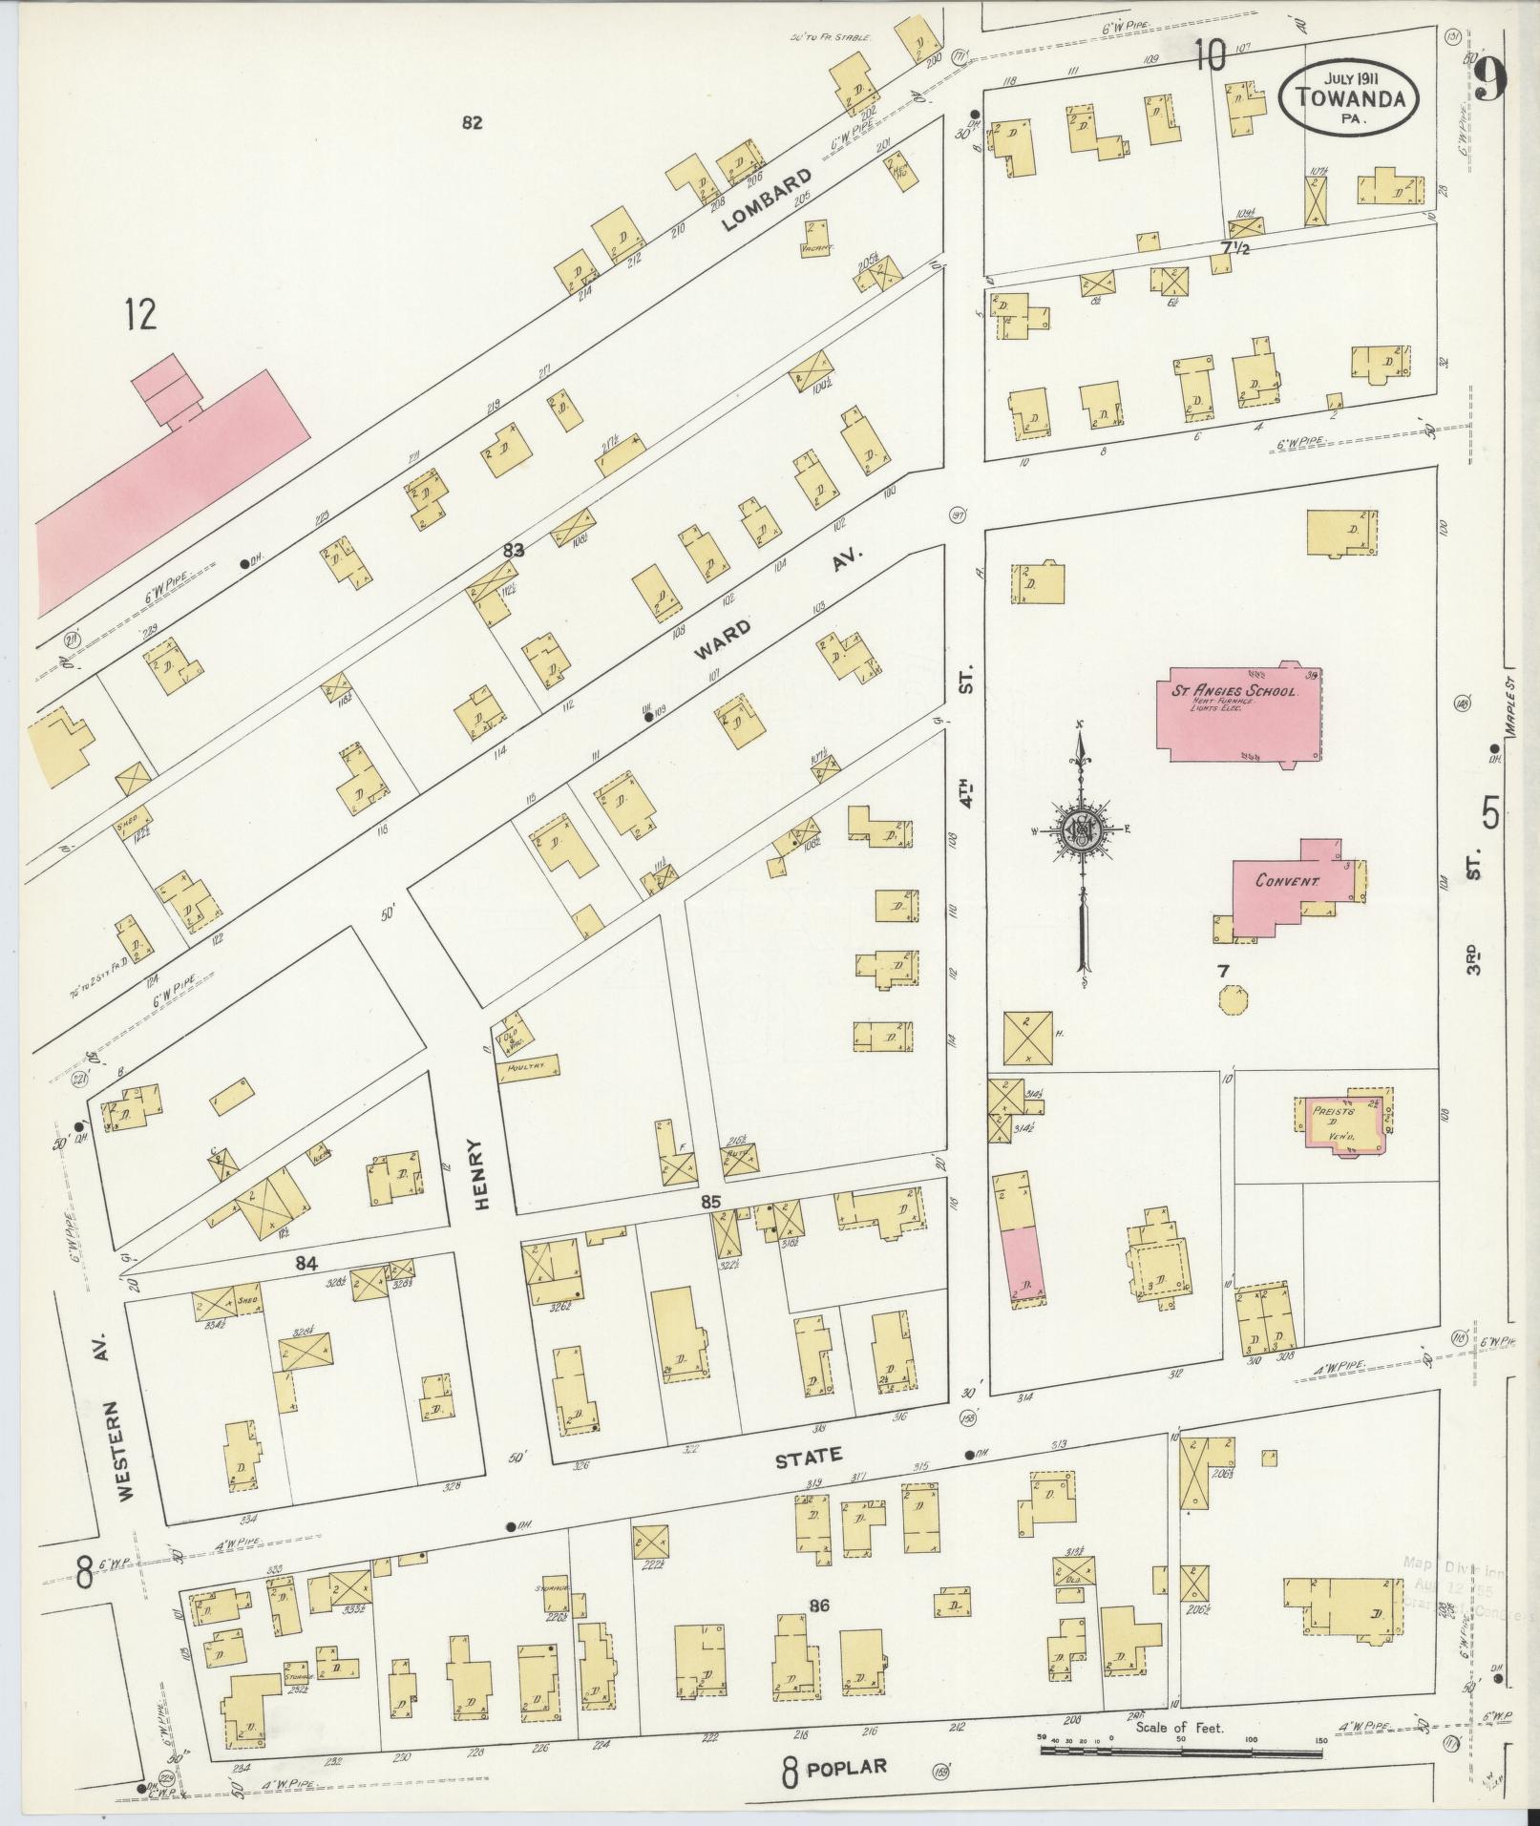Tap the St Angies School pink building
click(1239, 714)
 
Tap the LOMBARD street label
click(767, 200)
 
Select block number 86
click(818, 1606)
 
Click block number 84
click(305, 1264)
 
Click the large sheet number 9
click(1487, 80)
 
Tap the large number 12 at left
click(139, 314)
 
